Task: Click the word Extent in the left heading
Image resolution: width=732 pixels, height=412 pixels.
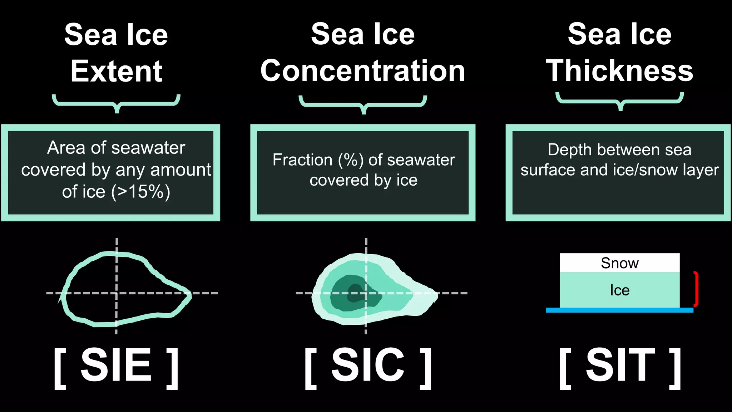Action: click(117, 72)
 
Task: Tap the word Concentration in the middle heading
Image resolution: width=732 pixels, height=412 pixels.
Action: click(363, 71)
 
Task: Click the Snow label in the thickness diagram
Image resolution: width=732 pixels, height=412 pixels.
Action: click(619, 263)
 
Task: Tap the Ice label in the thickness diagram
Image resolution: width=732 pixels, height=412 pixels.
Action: click(619, 290)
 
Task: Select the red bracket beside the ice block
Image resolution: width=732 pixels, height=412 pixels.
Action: click(696, 289)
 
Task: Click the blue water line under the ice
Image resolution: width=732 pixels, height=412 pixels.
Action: click(619, 310)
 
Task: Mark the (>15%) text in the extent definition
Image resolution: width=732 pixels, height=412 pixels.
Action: click(140, 192)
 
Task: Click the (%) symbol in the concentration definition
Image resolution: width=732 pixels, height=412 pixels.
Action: click(351, 160)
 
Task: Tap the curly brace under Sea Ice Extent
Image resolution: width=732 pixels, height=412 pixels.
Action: click(117, 103)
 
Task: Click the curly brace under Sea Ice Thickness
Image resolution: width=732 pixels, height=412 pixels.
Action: click(620, 101)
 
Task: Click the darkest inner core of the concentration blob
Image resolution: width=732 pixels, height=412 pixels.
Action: click(355, 293)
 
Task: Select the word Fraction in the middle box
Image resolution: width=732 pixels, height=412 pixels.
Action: click(302, 160)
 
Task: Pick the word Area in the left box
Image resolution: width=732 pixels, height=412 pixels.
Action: click(66, 148)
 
